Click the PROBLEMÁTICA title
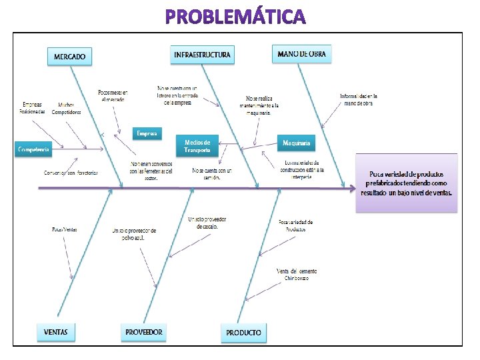click(x=236, y=16)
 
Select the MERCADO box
click(x=69, y=56)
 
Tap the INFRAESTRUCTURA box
click(x=203, y=54)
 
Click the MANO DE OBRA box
click(x=302, y=53)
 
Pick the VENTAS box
click(x=56, y=331)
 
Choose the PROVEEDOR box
click(x=144, y=331)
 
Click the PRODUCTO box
click(x=243, y=332)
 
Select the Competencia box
click(x=33, y=150)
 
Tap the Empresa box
click(x=147, y=134)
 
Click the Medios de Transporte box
click(x=197, y=146)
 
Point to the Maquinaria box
click(x=295, y=143)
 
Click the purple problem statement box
click(x=407, y=183)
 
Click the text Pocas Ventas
click(x=65, y=229)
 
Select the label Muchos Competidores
click(x=66, y=109)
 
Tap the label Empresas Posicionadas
click(x=33, y=108)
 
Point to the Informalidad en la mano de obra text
click(x=359, y=100)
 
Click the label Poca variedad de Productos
click(x=295, y=225)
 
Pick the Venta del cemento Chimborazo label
click(x=297, y=274)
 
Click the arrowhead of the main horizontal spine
click(x=351, y=188)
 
